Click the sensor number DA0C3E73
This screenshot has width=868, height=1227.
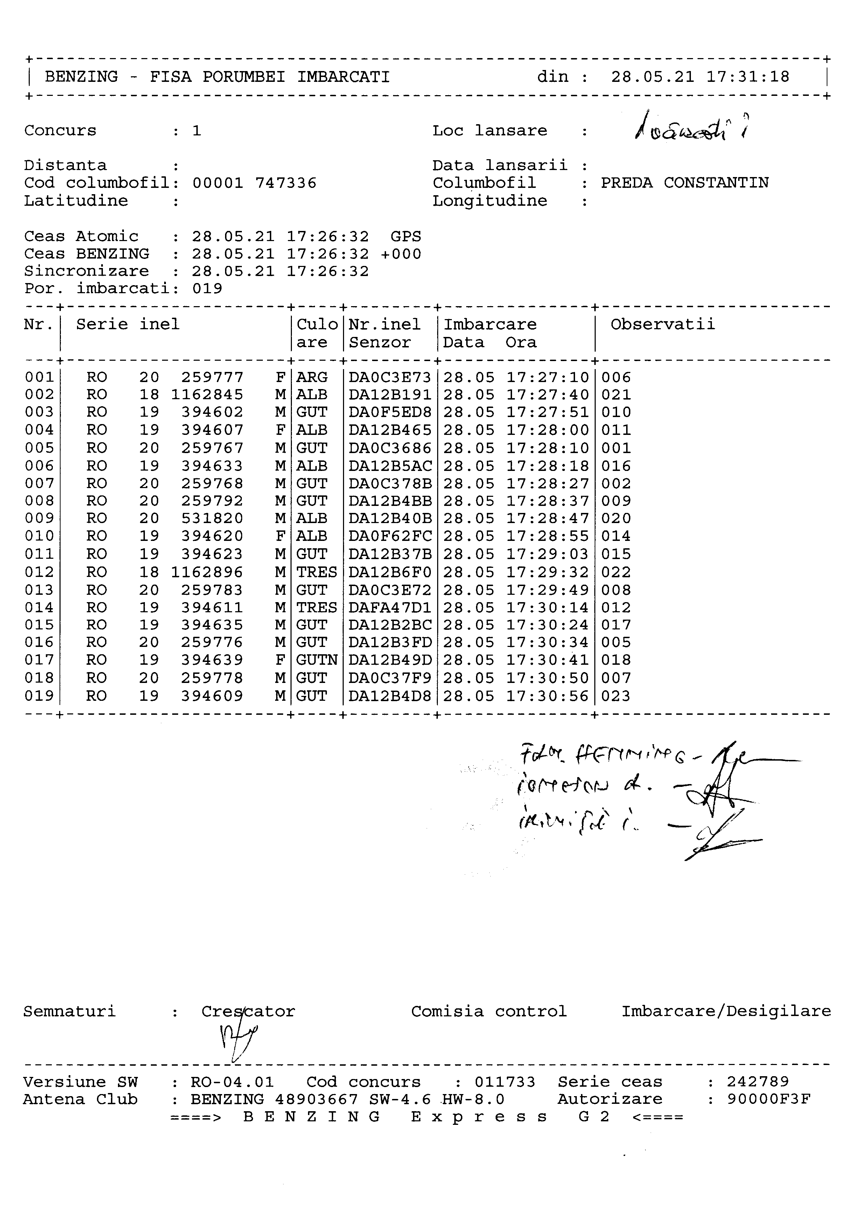[390, 378]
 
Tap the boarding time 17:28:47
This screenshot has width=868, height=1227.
[548, 519]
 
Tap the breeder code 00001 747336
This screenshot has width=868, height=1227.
[254, 183]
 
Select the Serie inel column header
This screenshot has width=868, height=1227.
[128, 324]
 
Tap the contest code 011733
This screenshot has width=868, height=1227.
[505, 1082]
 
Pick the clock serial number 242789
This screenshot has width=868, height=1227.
[757, 1082]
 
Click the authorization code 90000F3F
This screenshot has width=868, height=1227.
[769, 1099]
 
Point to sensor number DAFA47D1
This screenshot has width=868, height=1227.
[390, 608]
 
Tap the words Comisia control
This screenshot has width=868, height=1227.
[489, 1011]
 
